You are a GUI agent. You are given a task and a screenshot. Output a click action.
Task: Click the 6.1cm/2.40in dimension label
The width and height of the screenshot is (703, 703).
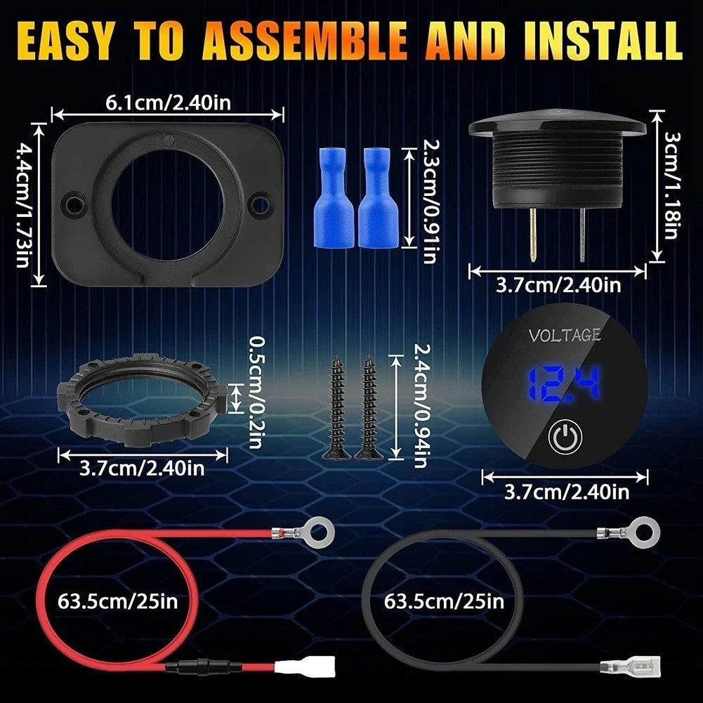[169, 103]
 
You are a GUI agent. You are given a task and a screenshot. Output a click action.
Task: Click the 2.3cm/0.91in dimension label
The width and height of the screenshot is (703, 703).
[431, 202]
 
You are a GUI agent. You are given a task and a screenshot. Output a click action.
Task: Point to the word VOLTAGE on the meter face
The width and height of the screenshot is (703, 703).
[565, 335]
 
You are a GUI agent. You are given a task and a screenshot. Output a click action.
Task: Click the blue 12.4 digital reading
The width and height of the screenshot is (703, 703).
[564, 383]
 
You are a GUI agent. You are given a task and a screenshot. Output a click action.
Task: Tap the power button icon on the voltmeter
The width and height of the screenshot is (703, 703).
[565, 436]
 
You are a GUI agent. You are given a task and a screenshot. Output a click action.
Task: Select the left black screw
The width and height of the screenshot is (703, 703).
[336, 407]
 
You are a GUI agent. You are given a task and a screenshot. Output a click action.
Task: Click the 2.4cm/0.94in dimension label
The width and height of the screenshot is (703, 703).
[420, 406]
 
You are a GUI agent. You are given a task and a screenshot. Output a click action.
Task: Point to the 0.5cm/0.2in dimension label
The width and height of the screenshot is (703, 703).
[255, 393]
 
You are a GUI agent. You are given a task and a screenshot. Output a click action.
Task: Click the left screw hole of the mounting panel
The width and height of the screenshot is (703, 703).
[73, 204]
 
